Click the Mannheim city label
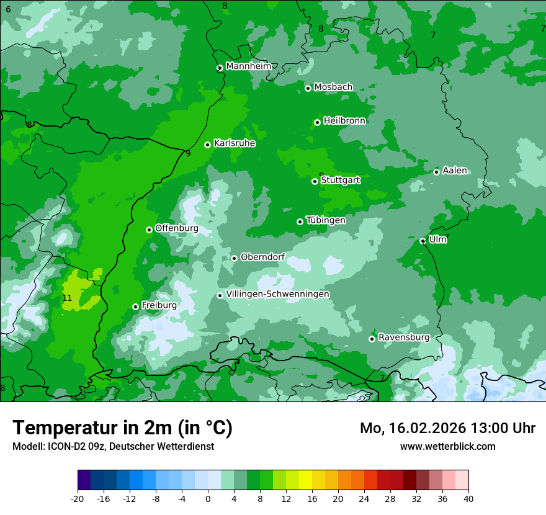[249, 66]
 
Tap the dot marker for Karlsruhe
[207, 145]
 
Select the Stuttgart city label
[341, 180]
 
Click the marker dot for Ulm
[423, 241]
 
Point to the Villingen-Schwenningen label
[278, 294]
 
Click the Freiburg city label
[159, 305]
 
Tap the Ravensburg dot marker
[372, 338]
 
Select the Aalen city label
[455, 171]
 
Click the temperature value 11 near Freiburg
[68, 298]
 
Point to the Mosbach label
[333, 87]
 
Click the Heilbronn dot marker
[317, 122]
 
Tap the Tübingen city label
[326, 220]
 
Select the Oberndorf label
[263, 257]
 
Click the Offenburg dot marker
[149, 230]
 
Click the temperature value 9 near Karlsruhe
[188, 153]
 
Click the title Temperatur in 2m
[123, 428]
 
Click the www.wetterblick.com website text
[448, 446]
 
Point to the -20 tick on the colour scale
[78, 498]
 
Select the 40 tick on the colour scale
[468, 498]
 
